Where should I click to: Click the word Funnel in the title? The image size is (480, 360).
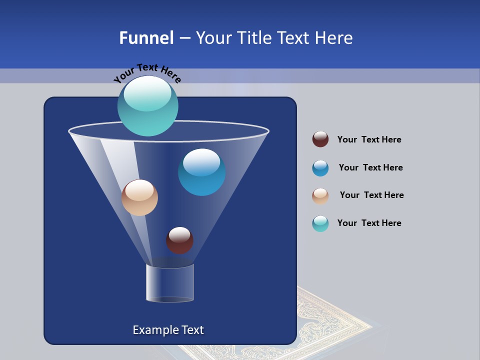click(x=146, y=38)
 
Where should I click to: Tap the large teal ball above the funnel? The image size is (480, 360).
click(x=148, y=106)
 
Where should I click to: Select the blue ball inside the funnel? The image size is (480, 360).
click(x=201, y=172)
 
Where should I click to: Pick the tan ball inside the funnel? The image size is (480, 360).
click(x=139, y=197)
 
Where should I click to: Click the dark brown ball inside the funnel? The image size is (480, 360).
click(x=179, y=240)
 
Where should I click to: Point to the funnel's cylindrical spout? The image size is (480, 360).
click(x=170, y=283)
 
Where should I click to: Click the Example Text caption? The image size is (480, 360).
click(x=168, y=330)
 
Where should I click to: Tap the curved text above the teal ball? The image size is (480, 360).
click(x=147, y=72)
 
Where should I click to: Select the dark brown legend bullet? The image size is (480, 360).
click(x=320, y=139)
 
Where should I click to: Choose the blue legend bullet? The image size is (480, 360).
click(x=320, y=168)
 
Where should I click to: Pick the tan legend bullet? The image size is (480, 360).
click(x=320, y=195)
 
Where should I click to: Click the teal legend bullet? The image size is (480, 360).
click(x=320, y=223)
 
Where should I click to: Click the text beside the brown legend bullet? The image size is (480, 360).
click(x=369, y=139)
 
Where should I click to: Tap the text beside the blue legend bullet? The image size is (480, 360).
click(x=370, y=167)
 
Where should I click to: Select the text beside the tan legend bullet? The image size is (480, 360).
click(x=371, y=195)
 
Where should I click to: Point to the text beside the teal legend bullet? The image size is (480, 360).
click(x=369, y=223)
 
